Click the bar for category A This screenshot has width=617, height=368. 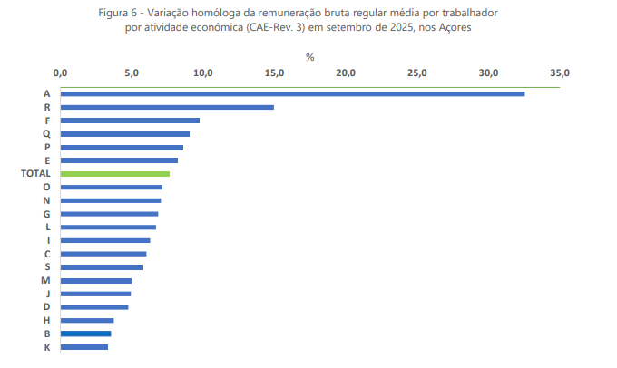(x=292, y=93)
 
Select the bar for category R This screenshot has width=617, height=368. (x=167, y=107)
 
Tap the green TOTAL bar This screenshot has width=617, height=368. (x=115, y=173)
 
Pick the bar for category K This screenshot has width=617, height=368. (x=84, y=347)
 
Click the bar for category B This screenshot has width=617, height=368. (x=86, y=334)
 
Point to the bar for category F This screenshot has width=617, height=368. (x=130, y=121)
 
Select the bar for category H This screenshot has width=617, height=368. (x=87, y=320)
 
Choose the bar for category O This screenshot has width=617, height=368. (x=112, y=187)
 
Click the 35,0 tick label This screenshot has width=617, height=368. (x=560, y=73)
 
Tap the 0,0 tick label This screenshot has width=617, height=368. (x=61, y=73)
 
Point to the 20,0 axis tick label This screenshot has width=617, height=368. (x=346, y=73)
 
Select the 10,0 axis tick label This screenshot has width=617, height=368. (x=203, y=73)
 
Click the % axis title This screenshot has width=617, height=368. (x=309, y=56)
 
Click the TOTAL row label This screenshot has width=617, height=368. (x=34, y=173)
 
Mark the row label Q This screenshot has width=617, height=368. (x=46, y=133)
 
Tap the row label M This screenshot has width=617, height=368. (x=46, y=280)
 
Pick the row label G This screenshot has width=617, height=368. (x=46, y=213)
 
